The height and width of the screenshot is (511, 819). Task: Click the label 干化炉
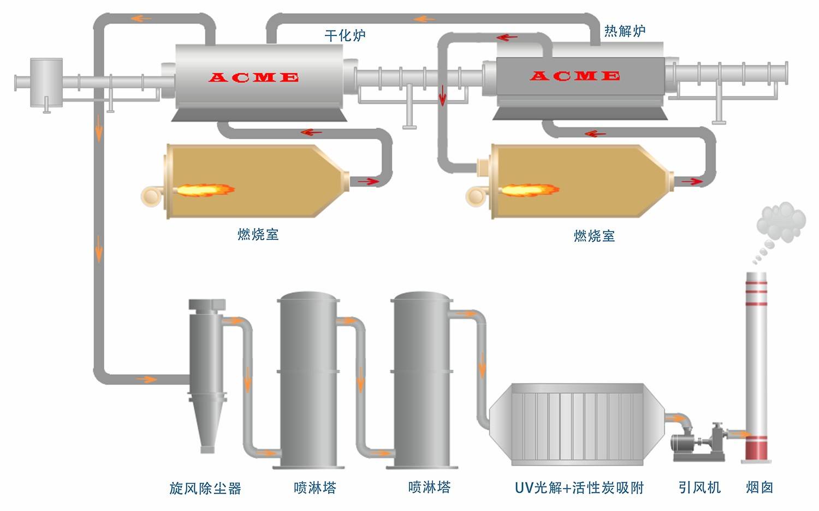click(345, 36)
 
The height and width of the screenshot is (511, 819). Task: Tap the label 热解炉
click(624, 31)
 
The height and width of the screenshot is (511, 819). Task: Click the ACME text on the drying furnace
click(253, 78)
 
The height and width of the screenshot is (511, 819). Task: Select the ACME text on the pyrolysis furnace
click(574, 76)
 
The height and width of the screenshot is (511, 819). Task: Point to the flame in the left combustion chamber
click(205, 191)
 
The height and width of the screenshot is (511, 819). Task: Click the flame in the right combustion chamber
click(530, 191)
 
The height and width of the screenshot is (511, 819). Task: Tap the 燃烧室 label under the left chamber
click(258, 235)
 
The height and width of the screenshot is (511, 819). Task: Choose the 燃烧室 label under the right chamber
click(594, 236)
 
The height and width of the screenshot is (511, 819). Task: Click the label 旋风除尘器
click(205, 488)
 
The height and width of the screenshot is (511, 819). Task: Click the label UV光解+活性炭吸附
click(579, 488)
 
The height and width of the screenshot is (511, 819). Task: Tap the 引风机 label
click(699, 487)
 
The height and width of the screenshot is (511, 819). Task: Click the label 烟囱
click(759, 487)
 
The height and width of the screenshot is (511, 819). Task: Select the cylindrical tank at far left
click(46, 82)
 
